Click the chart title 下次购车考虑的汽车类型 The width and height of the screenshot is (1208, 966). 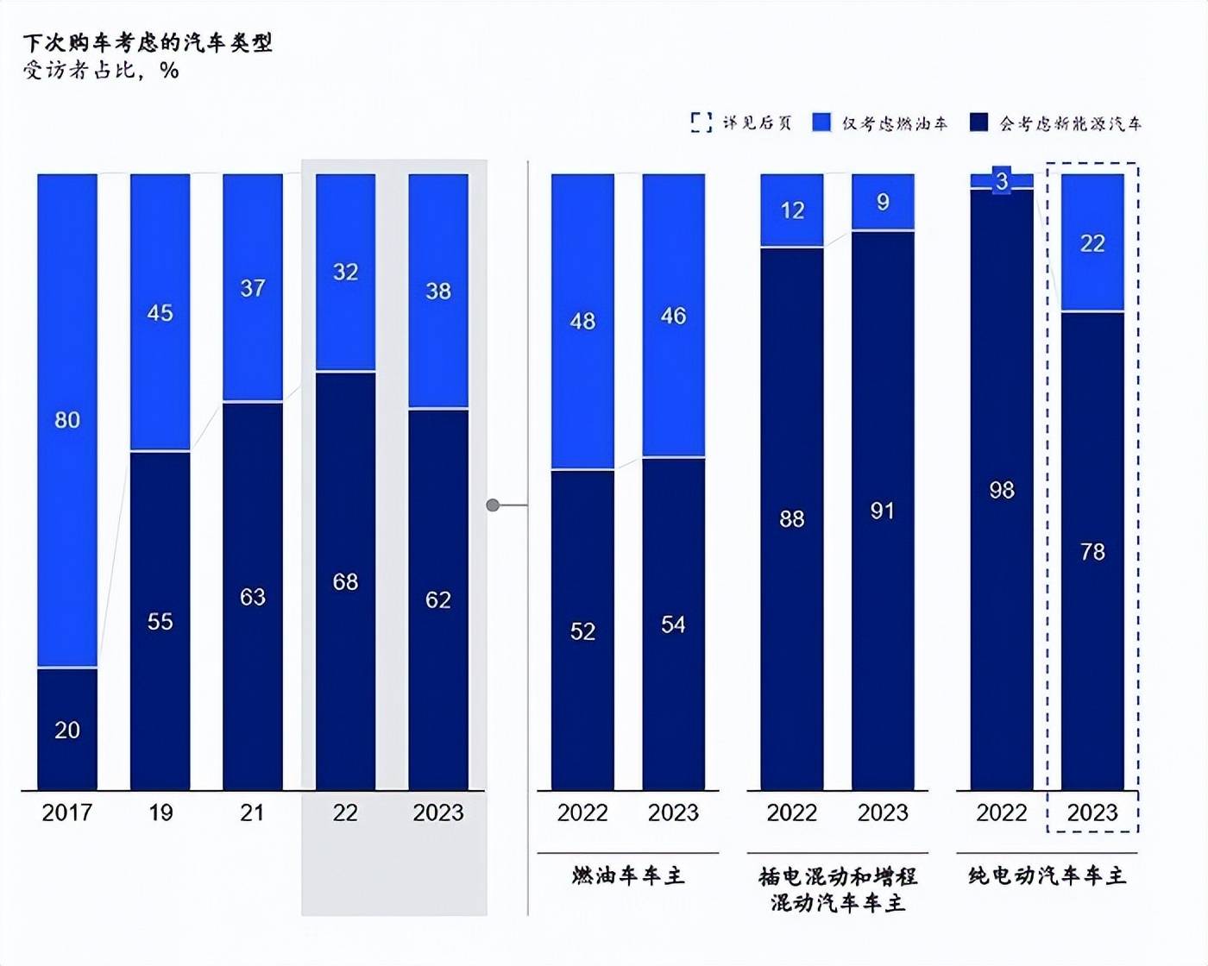tap(148, 42)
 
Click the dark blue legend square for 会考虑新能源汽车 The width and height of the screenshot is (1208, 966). tap(978, 122)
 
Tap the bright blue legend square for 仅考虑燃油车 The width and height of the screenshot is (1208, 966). tap(821, 122)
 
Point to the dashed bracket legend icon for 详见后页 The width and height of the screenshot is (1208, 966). tap(701, 122)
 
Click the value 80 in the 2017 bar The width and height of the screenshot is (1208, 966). tap(67, 420)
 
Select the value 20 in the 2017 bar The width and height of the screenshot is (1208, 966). tap(67, 731)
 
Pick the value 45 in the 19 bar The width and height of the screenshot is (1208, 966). tap(160, 313)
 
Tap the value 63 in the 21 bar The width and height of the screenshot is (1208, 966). tap(252, 597)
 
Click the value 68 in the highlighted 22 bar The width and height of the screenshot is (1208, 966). tap(345, 582)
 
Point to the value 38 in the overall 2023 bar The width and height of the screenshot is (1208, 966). tap(438, 292)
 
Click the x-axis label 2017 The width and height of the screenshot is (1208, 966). tap(67, 812)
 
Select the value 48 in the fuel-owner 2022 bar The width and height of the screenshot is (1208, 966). tap(582, 322)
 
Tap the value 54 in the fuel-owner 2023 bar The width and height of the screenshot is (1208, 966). tap(673, 624)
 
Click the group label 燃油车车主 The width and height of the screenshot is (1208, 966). tap(627, 876)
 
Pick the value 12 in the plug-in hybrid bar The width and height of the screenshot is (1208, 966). tap(792, 210)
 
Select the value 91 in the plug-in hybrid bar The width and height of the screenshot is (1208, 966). tap(882, 511)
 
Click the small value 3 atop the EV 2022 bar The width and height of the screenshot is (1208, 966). tap(1001, 181)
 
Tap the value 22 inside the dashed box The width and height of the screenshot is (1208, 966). tap(1092, 244)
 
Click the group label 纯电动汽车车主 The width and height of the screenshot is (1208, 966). tap(1047, 876)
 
